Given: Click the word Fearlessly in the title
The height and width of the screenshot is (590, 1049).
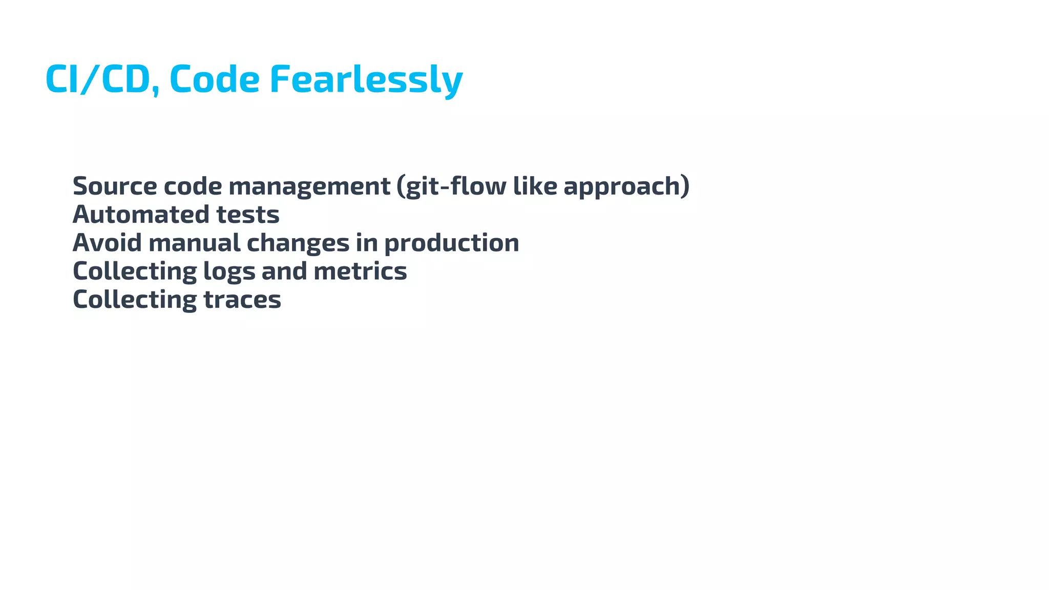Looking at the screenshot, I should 366,79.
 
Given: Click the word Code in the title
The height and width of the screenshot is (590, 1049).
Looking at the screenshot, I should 214,79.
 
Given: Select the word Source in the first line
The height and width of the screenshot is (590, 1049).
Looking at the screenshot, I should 115,186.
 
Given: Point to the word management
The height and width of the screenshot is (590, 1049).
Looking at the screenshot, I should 309,186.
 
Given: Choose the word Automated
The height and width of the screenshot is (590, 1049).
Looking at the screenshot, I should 141,214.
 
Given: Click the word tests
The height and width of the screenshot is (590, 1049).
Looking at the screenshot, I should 248,215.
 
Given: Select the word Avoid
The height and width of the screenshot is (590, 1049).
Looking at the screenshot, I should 107,243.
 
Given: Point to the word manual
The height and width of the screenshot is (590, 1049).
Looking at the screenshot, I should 194,243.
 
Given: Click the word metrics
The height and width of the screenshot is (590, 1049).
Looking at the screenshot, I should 360,271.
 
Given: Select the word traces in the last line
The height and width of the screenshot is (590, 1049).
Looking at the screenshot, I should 242,300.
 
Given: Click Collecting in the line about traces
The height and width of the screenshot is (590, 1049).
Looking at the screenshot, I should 135,300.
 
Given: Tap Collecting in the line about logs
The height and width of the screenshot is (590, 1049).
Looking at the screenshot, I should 135,272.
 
